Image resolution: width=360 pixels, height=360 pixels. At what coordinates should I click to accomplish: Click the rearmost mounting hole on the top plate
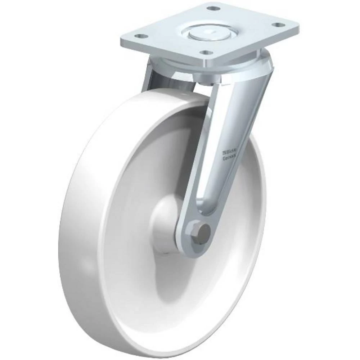(x=214, y=8)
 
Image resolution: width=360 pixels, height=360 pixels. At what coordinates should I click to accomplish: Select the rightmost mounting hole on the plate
(x=277, y=25)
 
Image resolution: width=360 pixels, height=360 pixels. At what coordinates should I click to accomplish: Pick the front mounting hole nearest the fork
(x=206, y=52)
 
